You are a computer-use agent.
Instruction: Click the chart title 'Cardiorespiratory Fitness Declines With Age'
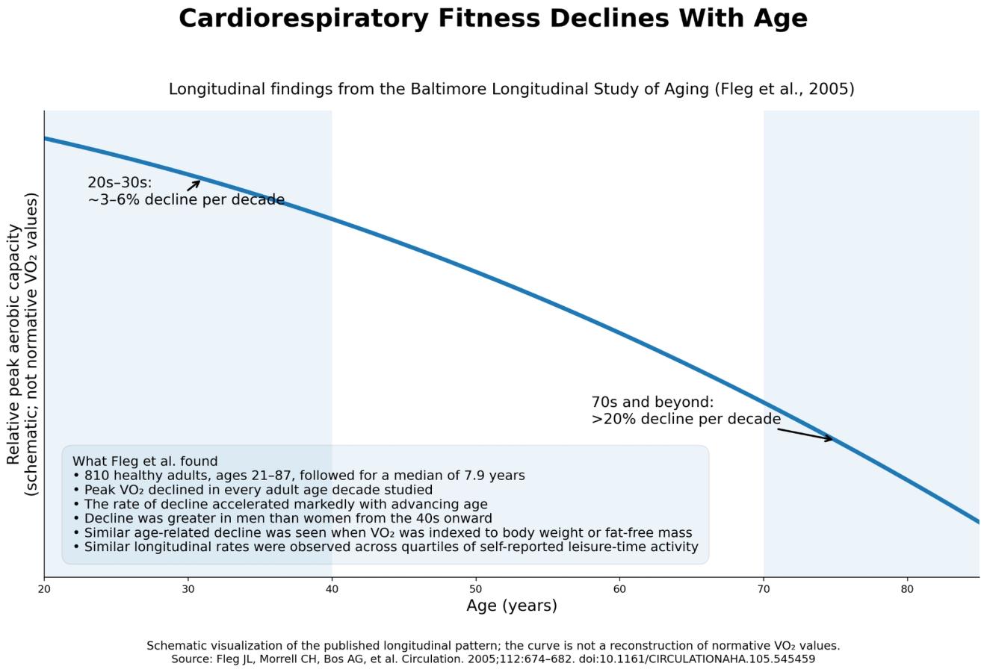click(493, 19)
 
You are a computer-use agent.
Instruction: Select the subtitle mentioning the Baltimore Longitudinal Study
click(512, 89)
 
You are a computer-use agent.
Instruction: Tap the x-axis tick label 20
click(44, 589)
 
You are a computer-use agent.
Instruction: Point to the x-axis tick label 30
click(188, 589)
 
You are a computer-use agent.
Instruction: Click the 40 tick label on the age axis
click(332, 589)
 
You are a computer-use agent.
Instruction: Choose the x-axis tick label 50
click(476, 589)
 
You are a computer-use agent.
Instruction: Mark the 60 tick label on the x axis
click(619, 589)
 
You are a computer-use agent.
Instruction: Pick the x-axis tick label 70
click(764, 589)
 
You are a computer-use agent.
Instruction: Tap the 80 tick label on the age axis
click(907, 589)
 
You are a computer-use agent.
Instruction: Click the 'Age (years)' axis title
click(512, 606)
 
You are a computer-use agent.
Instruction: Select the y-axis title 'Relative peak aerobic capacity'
click(13, 344)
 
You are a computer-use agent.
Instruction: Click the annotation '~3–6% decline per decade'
click(186, 199)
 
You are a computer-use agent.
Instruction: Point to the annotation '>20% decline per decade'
click(686, 419)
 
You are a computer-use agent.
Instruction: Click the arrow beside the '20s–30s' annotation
click(194, 185)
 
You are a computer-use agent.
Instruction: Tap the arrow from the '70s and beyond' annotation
click(805, 435)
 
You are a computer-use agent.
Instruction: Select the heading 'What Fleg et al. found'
click(145, 461)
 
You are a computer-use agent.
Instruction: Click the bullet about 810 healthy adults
click(299, 476)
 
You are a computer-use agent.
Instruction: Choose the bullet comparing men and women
click(282, 518)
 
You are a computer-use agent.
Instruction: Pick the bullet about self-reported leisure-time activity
click(386, 547)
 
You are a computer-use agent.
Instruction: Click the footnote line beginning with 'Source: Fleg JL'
click(493, 659)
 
